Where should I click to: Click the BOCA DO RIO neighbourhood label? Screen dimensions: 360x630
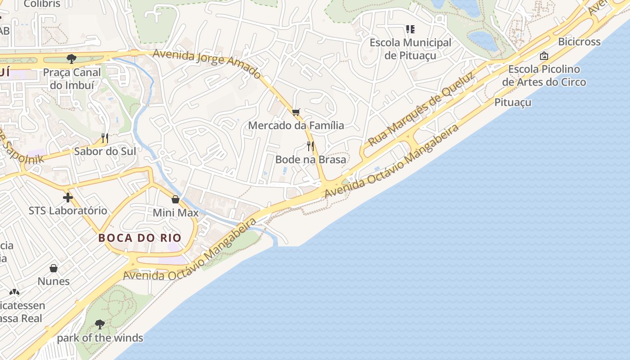click(x=139, y=238)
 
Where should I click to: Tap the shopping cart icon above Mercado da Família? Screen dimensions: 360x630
click(x=296, y=112)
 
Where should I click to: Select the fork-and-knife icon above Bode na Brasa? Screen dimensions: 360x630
click(x=310, y=146)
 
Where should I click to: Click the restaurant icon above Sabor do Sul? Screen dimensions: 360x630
click(x=105, y=138)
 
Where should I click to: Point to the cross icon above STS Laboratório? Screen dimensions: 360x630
click(x=67, y=197)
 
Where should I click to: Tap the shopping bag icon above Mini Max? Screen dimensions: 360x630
click(x=175, y=199)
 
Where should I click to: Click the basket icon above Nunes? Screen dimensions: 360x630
click(x=54, y=268)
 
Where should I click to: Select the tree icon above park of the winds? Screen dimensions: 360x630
click(x=100, y=324)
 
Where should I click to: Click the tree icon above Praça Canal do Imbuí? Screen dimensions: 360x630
click(x=71, y=58)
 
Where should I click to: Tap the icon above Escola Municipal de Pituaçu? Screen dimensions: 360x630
click(x=410, y=29)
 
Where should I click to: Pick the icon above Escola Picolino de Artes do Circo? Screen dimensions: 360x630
click(x=544, y=56)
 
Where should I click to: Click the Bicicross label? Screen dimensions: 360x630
click(x=579, y=42)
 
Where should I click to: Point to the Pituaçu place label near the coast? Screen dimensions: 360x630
click(x=513, y=102)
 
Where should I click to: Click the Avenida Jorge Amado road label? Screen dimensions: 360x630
click(x=207, y=63)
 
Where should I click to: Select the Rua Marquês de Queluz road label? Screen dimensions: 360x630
click(x=422, y=110)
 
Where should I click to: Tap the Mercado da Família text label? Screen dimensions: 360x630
click(x=296, y=126)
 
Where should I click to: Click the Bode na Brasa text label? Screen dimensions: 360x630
click(x=310, y=159)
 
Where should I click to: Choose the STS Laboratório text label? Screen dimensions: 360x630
click(x=68, y=211)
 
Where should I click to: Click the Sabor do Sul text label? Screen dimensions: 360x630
click(x=105, y=151)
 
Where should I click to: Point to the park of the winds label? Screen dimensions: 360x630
click(x=100, y=338)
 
